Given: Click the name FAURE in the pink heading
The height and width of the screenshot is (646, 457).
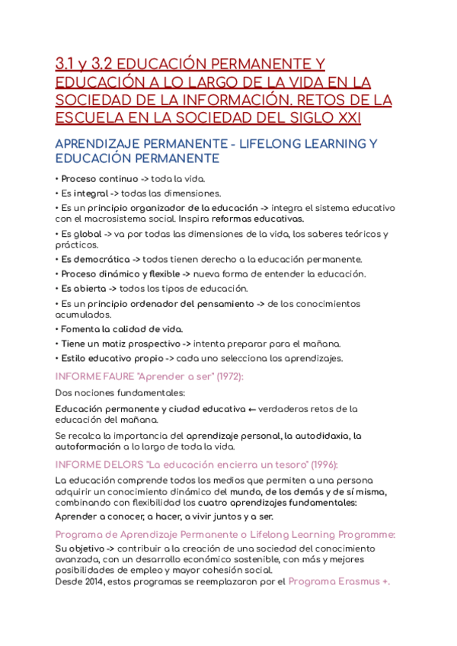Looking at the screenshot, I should click(113, 376).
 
